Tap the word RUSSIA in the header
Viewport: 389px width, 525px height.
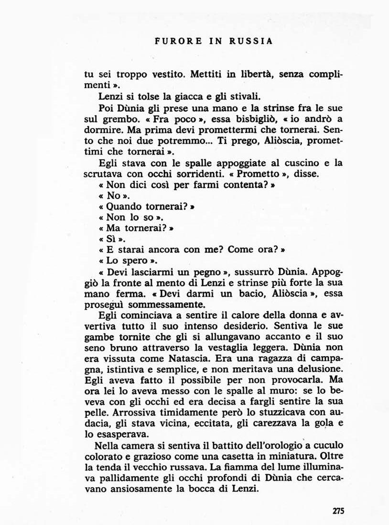coord(251,41)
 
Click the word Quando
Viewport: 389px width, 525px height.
coord(125,207)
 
